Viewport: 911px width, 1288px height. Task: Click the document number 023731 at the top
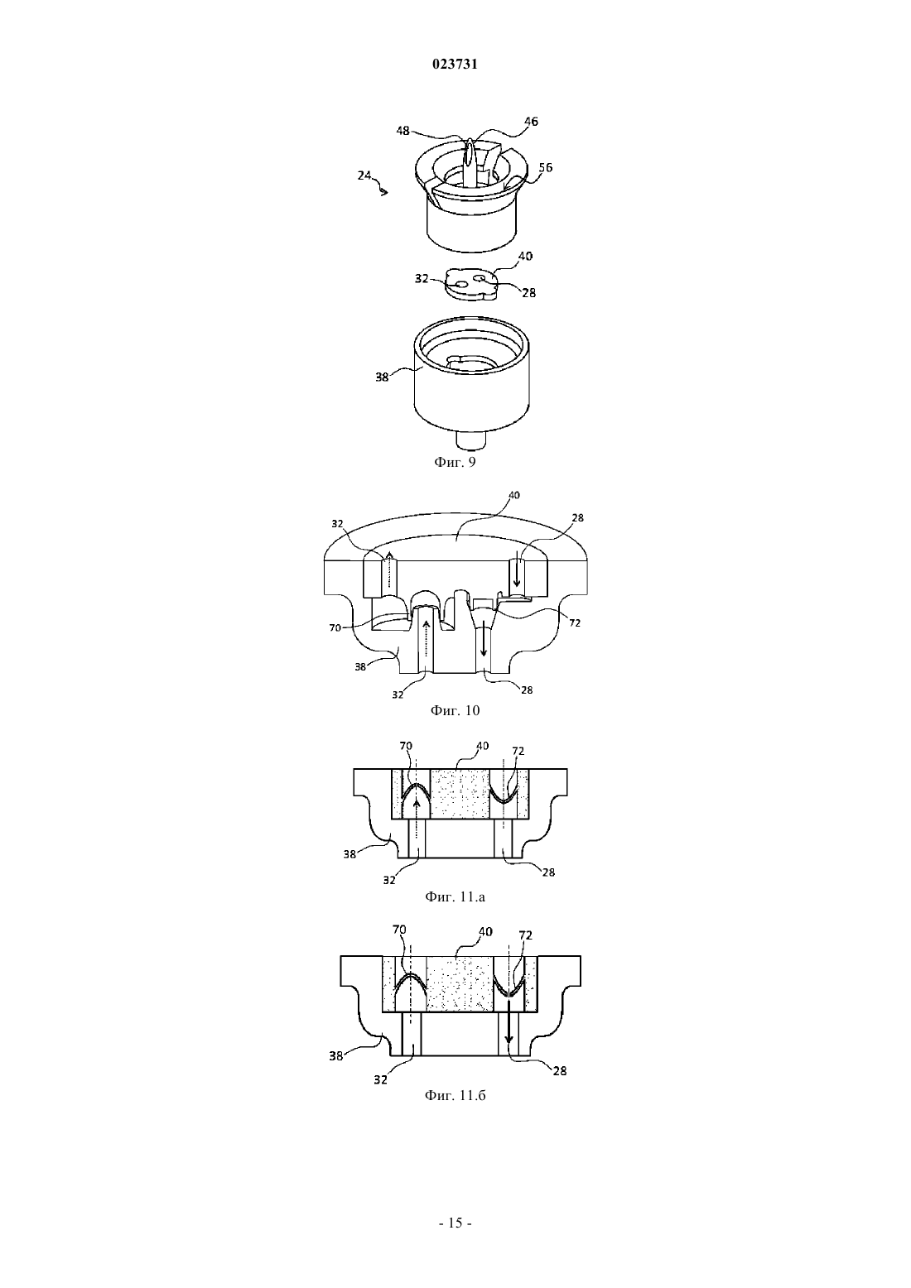pyautogui.click(x=455, y=65)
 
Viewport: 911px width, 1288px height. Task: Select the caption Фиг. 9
pyautogui.click(x=455, y=462)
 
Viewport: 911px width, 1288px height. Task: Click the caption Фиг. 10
pyautogui.click(x=455, y=711)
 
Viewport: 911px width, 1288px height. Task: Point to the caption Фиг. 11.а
pyautogui.click(x=455, y=896)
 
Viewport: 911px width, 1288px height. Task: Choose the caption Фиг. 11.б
pyautogui.click(x=455, y=1095)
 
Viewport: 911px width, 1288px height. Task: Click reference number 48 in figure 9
pyautogui.click(x=402, y=131)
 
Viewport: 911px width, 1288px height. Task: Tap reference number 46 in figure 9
pyautogui.click(x=531, y=122)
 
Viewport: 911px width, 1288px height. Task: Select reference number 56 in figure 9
pyautogui.click(x=545, y=167)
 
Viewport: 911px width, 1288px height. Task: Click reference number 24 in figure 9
pyautogui.click(x=364, y=175)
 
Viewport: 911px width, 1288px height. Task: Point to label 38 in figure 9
pyautogui.click(x=382, y=377)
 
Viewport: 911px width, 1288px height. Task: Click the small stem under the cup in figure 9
pyautogui.click(x=471, y=440)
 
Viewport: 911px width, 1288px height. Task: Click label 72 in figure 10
pyautogui.click(x=575, y=622)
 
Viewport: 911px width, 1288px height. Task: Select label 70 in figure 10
pyautogui.click(x=335, y=628)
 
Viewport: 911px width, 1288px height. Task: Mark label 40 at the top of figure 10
pyautogui.click(x=514, y=495)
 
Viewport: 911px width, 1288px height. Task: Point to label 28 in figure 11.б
pyautogui.click(x=560, y=1070)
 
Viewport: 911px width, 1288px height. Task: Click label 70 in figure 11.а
pyautogui.click(x=406, y=746)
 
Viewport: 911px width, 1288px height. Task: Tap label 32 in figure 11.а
pyautogui.click(x=389, y=880)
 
